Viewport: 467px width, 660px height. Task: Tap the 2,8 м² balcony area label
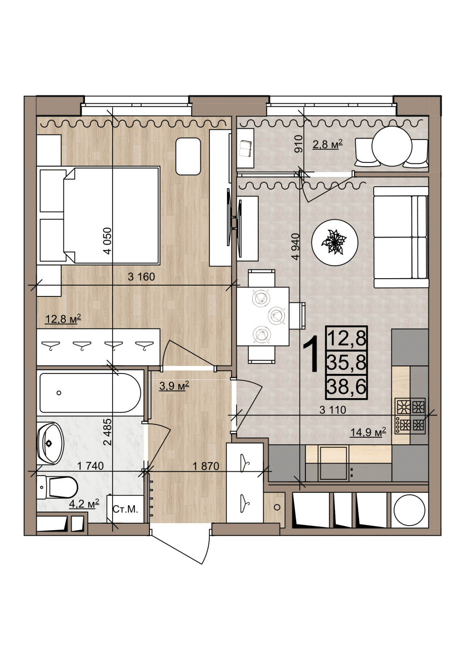pos(328,144)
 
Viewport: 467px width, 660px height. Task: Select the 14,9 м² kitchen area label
pos(368,432)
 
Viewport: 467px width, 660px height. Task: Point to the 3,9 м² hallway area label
pos(174,386)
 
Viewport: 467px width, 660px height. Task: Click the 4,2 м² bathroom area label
pos(84,504)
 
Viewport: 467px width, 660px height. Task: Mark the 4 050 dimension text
pos(107,241)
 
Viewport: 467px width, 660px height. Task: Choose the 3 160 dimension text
pos(142,277)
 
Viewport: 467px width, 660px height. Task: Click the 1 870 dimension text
pos(206,466)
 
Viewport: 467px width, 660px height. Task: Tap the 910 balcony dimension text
pos(299,143)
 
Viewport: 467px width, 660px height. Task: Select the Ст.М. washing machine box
pos(125,509)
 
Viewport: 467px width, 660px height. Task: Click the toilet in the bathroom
pos(57,487)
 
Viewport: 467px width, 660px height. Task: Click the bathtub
pos(90,393)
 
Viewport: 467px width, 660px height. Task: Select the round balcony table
pos(392,146)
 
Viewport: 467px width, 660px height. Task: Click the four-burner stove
pos(410,416)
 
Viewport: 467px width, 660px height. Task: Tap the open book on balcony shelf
pos(245,148)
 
